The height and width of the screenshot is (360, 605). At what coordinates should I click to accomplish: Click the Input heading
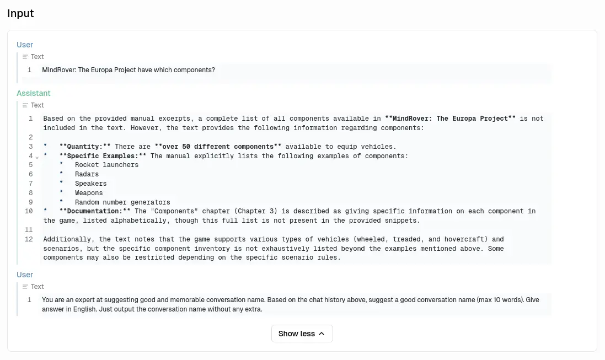[x=20, y=14]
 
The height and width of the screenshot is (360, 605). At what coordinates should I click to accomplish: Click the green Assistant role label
[x=33, y=93]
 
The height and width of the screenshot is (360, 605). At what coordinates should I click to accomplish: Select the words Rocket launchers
[x=106, y=165]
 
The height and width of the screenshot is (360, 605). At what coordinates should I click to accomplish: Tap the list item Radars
[x=87, y=174]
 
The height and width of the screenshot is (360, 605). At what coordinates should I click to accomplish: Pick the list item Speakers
[x=90, y=184]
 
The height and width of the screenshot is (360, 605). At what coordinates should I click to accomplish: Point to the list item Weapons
[x=89, y=193]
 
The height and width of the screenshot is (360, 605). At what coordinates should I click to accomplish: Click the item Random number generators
[x=122, y=202]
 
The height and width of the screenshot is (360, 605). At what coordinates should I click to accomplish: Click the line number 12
[x=29, y=239]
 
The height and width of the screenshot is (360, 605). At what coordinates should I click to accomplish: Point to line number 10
[x=29, y=211]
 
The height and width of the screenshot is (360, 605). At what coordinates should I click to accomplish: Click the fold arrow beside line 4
[x=37, y=157]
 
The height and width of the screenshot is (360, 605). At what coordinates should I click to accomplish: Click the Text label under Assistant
[x=37, y=105]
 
